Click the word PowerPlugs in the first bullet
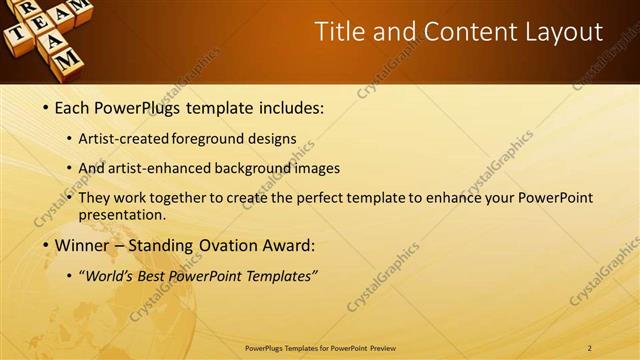click(141, 106)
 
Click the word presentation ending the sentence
click(124, 214)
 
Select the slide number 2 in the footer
click(589, 348)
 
